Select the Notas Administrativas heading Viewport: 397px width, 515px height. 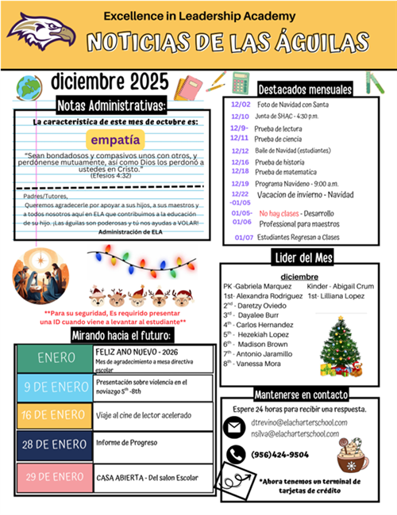[x=112, y=106]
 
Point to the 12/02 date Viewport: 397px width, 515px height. [x=240, y=105]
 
